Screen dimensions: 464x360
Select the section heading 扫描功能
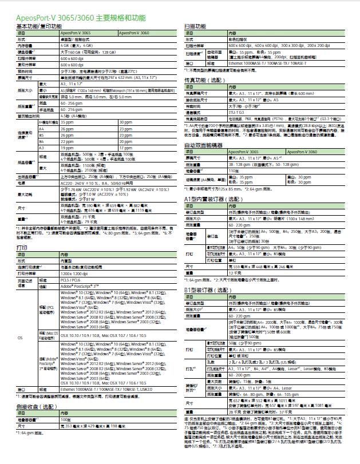195,27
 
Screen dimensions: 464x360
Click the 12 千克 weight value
235,272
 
